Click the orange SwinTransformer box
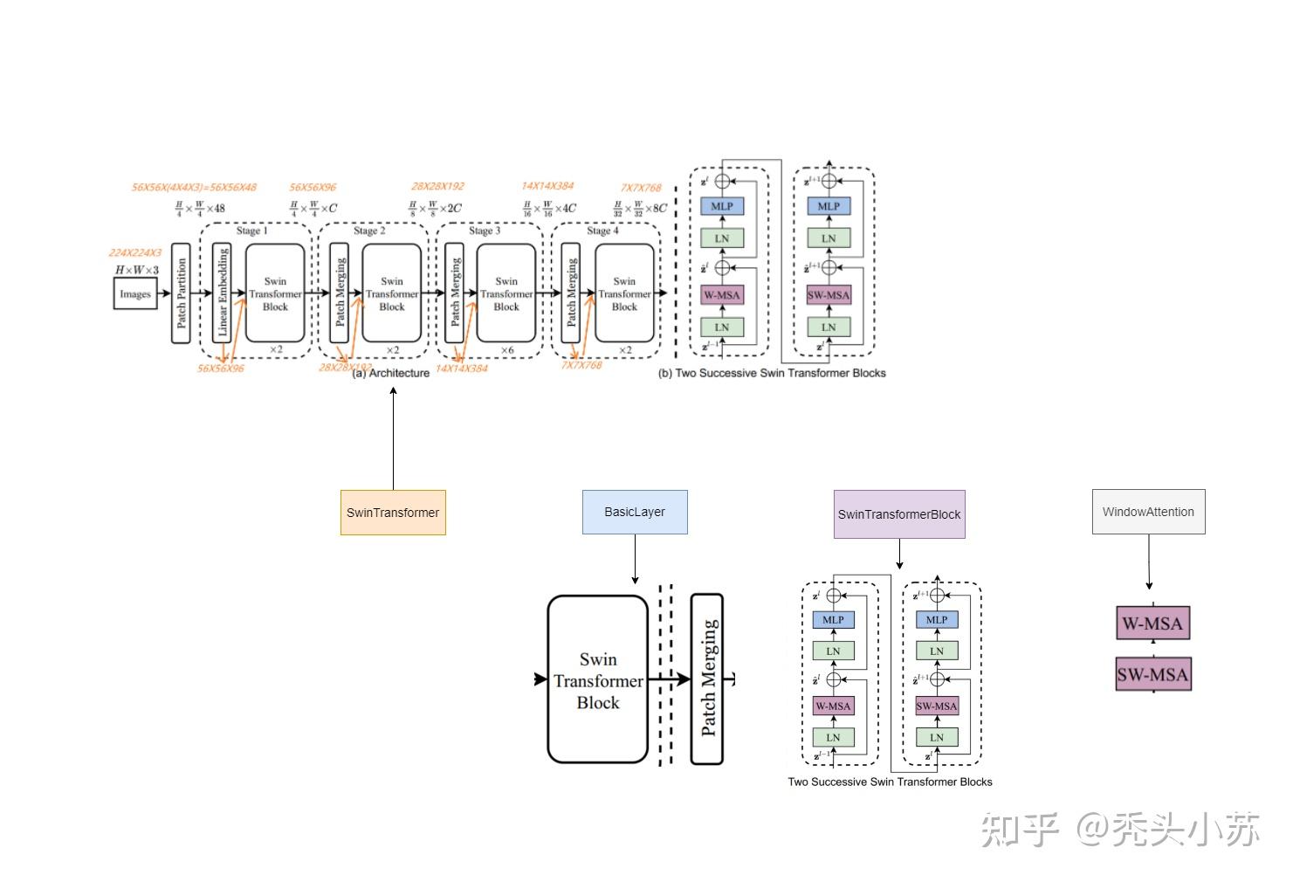393,513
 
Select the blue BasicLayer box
635,512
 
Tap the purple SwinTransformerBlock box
899,514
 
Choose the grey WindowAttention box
1148,512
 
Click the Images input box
135,294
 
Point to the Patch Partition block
181,293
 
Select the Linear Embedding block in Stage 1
223,293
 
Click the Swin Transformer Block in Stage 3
506,293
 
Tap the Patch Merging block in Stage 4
571,293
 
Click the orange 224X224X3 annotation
135,253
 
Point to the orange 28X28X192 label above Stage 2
437,186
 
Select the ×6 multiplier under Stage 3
506,350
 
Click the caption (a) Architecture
391,373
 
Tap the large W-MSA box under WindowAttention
1152,624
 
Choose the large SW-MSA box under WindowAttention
1152,674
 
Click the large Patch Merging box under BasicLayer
708,679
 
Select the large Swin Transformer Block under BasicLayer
598,679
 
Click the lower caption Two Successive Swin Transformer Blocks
890,782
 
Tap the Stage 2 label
369,231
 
